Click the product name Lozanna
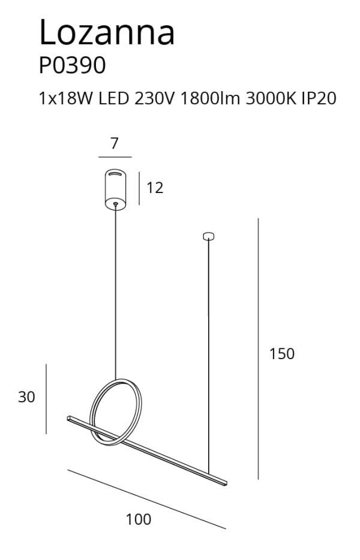point(107,32)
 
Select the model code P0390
point(72,66)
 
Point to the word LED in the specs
point(113,98)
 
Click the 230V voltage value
point(154,98)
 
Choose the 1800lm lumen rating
point(210,98)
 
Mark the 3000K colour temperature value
point(271,98)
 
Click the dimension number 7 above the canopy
point(114,143)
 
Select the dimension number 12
point(155,188)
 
